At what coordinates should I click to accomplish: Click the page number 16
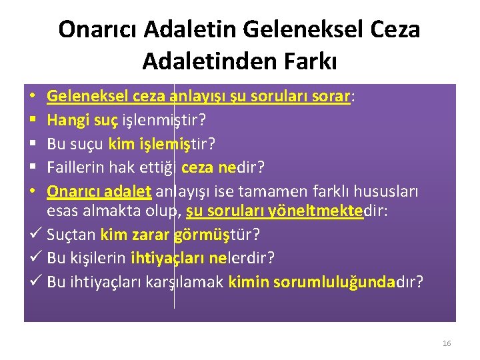(446, 343)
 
